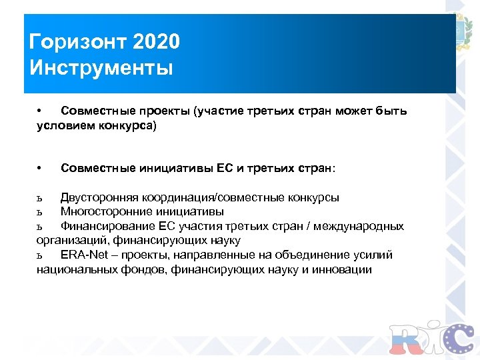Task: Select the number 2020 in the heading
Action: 156,43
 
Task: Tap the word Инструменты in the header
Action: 101,68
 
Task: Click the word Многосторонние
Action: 106,212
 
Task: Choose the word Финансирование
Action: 106,226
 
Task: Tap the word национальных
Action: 76,269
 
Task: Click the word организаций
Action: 72,241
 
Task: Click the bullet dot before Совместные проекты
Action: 40,110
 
